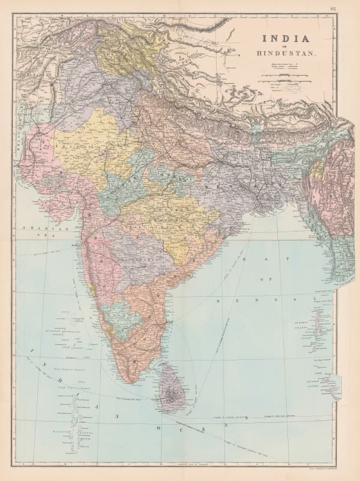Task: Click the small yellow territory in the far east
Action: [313, 170]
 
